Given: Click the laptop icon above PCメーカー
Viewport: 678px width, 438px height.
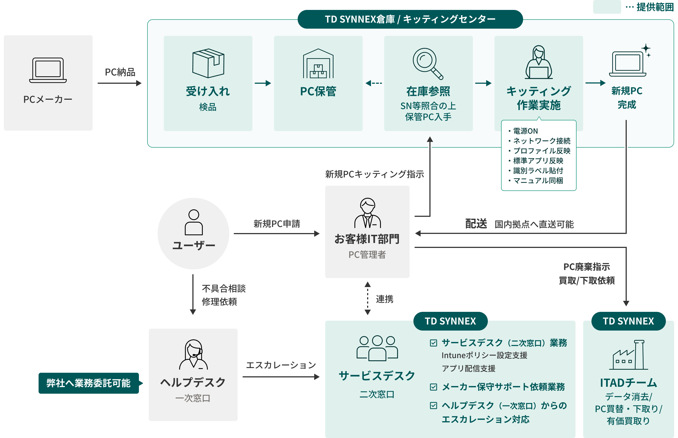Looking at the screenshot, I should coord(48,70).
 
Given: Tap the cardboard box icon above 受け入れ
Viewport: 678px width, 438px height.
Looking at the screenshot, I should coord(208,63).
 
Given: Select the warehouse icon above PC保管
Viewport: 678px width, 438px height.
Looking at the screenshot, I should coord(318,64).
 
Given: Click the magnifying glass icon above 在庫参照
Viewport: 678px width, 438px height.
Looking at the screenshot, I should coord(428,63).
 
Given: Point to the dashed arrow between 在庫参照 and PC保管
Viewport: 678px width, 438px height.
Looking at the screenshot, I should coord(373,83).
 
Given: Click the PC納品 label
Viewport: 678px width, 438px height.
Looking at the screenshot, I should coord(120,72).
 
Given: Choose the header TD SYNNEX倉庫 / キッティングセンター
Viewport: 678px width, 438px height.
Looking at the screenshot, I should coord(410,19).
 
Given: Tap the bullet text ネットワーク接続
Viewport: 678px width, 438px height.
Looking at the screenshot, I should coord(541,141).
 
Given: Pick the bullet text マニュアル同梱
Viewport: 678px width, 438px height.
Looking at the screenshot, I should coord(538,181).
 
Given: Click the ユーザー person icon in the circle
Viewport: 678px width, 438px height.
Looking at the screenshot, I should coord(194,222).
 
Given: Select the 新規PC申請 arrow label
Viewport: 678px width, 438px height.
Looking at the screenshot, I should coord(276,224).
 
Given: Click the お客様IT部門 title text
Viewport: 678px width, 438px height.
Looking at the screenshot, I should coord(367,239).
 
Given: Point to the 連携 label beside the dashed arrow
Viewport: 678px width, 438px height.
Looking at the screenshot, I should coord(384,299).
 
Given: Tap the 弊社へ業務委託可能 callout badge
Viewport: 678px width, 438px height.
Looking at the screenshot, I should coord(88,383).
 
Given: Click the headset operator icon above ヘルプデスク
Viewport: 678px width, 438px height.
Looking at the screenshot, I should coord(193,354).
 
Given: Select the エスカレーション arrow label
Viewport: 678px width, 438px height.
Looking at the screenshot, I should coord(281,365).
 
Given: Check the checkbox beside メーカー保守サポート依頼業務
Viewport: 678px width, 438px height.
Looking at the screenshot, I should coord(433,387).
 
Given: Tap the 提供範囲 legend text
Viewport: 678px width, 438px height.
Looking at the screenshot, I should coord(655,7).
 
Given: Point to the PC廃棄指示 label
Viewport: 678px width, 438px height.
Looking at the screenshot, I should coord(586,267).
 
